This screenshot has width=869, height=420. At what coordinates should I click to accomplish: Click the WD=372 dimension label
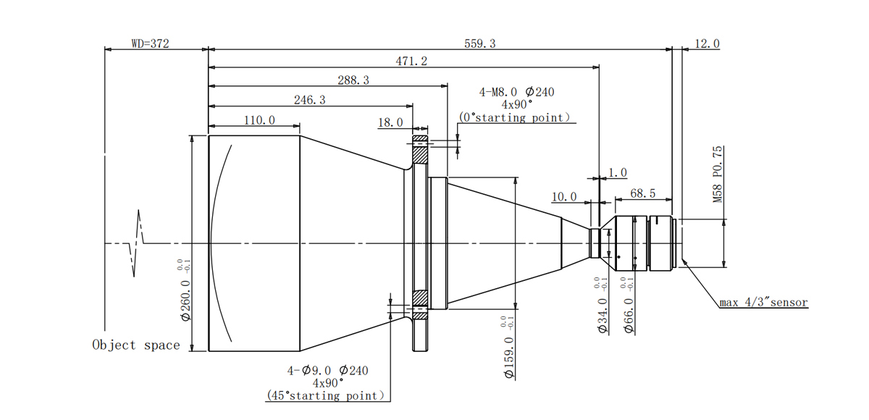pos(150,43)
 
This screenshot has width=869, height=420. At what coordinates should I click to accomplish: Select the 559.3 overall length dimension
pos(480,43)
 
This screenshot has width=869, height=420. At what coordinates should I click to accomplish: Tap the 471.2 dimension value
pos(411,61)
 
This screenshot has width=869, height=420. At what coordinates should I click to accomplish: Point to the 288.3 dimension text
pos(353,80)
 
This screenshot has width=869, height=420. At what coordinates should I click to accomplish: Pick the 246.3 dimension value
pos(310,100)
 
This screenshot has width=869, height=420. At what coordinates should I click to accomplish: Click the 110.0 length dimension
pos(259,120)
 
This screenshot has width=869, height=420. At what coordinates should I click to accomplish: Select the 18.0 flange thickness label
pos(390,122)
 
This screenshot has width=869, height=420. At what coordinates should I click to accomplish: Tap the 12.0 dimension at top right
pos(707,43)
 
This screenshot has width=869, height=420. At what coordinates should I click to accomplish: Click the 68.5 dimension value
pos(643,193)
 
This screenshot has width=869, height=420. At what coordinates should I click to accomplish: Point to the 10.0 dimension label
pos(564,197)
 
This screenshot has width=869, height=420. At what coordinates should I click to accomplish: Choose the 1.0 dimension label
pos(618,172)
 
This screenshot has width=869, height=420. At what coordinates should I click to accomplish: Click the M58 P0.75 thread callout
pos(718,174)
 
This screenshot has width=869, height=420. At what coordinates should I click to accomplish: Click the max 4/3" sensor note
pos(763,303)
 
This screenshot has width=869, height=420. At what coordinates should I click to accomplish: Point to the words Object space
pos(136,345)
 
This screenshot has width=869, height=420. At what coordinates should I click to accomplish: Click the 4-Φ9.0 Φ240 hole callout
pos(328,371)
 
